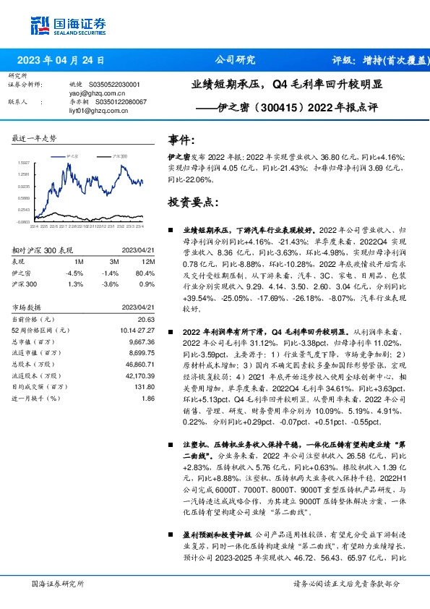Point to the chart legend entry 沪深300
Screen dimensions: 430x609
[120, 156]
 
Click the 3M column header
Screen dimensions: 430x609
[110, 262]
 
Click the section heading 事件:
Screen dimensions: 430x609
[181, 139]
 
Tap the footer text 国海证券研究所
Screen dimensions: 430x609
[59, 584]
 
